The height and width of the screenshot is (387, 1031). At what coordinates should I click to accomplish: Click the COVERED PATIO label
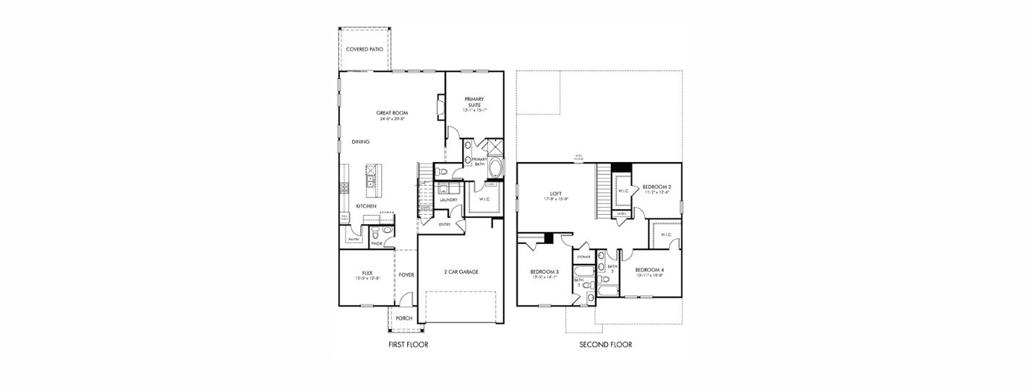pyautogui.click(x=364, y=49)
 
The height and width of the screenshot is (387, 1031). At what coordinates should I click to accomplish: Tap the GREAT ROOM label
pyautogui.click(x=392, y=113)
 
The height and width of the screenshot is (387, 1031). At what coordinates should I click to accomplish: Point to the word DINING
pyautogui.click(x=361, y=142)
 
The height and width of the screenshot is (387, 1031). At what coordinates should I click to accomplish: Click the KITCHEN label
pyautogui.click(x=366, y=206)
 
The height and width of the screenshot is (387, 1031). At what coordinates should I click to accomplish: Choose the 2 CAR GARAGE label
pyautogui.click(x=461, y=272)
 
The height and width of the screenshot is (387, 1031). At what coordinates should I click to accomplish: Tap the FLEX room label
pyautogui.click(x=368, y=273)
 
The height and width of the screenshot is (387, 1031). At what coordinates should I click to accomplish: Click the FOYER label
pyautogui.click(x=406, y=275)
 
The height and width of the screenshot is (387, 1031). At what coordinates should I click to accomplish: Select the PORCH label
pyautogui.click(x=403, y=318)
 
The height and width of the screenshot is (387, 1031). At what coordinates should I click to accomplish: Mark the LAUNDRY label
pyautogui.click(x=448, y=200)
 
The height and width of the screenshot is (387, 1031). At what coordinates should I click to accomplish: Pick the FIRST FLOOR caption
pyautogui.click(x=408, y=345)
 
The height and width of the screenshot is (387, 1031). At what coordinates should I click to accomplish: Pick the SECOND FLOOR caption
pyautogui.click(x=605, y=345)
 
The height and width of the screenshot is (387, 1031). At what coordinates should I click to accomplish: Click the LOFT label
pyautogui.click(x=556, y=193)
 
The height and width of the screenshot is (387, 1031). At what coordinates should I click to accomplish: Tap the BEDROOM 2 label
pyautogui.click(x=656, y=187)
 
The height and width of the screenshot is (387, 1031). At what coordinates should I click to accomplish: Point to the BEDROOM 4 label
pyautogui.click(x=650, y=270)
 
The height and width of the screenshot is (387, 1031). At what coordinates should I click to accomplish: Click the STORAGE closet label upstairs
pyautogui.click(x=583, y=257)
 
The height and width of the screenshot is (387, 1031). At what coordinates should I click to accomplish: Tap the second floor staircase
pyautogui.click(x=604, y=191)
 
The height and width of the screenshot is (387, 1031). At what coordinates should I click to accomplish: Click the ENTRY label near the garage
pyautogui.click(x=445, y=224)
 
